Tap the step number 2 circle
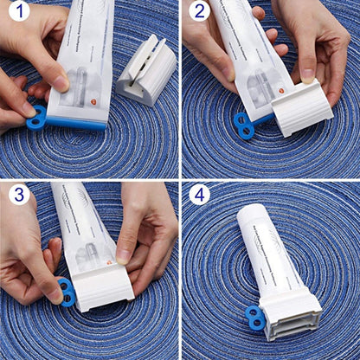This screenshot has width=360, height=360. tap(200, 12)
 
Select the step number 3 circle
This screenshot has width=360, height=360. tap(19, 195)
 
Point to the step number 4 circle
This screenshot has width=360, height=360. tap(200, 195)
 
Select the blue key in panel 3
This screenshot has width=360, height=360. tap(66, 292)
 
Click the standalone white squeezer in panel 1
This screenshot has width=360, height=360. tap(147, 70)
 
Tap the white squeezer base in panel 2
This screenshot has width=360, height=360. tap(302, 108)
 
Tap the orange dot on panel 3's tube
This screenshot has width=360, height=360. tap(109, 260)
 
